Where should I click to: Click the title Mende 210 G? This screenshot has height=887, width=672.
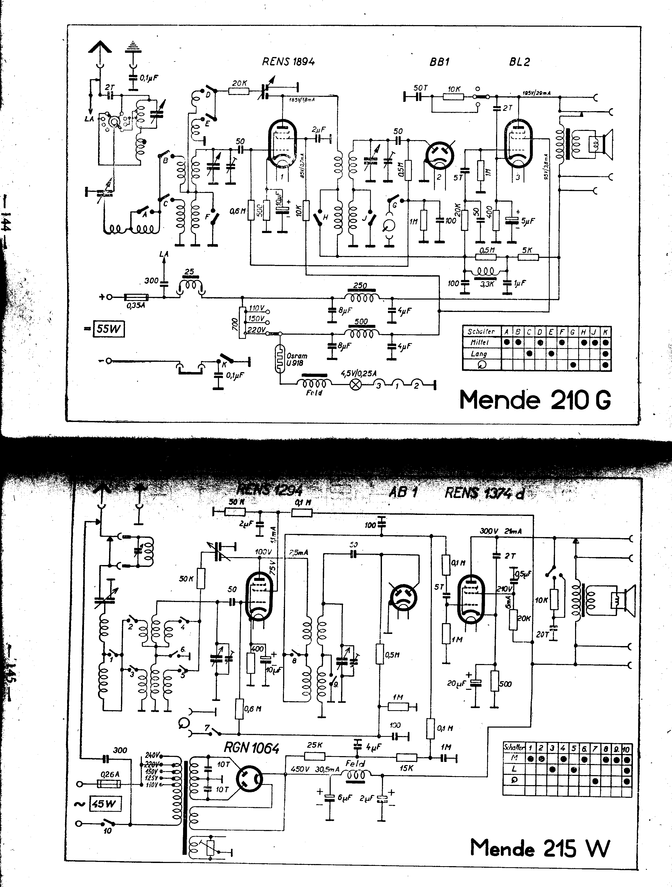[x=535, y=400]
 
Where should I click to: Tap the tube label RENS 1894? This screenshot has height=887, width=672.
[x=288, y=62]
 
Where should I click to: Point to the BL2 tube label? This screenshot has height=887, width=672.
[x=520, y=62]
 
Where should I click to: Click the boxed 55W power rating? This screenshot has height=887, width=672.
[x=108, y=329]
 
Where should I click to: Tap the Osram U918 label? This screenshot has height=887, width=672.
[x=297, y=359]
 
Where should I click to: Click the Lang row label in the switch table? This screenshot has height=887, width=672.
[x=479, y=354]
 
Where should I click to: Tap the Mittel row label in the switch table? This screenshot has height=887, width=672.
[x=479, y=343]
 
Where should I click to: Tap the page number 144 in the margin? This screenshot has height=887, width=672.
[x=7, y=226]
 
